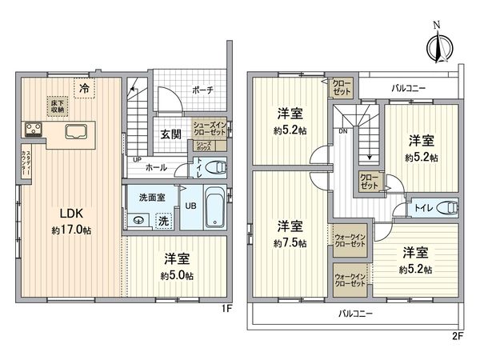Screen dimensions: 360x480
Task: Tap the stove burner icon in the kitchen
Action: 34,129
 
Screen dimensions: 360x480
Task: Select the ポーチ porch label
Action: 202,90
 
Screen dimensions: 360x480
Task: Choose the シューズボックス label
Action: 205,146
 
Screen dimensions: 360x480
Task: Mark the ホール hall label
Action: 155,168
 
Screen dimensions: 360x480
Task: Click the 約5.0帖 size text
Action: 176,274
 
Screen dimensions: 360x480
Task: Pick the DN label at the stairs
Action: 342,130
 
